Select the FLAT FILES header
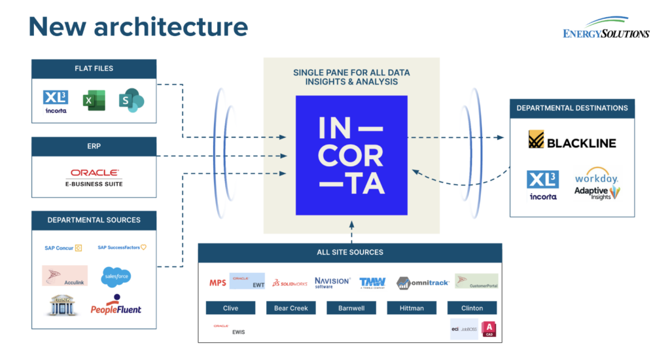click(x=94, y=69)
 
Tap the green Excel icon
click(x=94, y=100)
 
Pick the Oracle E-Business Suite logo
click(x=94, y=177)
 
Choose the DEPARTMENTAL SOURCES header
click(x=94, y=220)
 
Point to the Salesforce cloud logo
click(x=116, y=277)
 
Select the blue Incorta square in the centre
click(x=351, y=155)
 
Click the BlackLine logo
click(x=572, y=141)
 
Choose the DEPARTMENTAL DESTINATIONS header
click(x=572, y=108)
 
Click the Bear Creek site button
click(x=291, y=308)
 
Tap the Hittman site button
click(x=412, y=308)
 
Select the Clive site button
click(x=230, y=308)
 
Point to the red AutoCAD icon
click(x=489, y=329)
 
